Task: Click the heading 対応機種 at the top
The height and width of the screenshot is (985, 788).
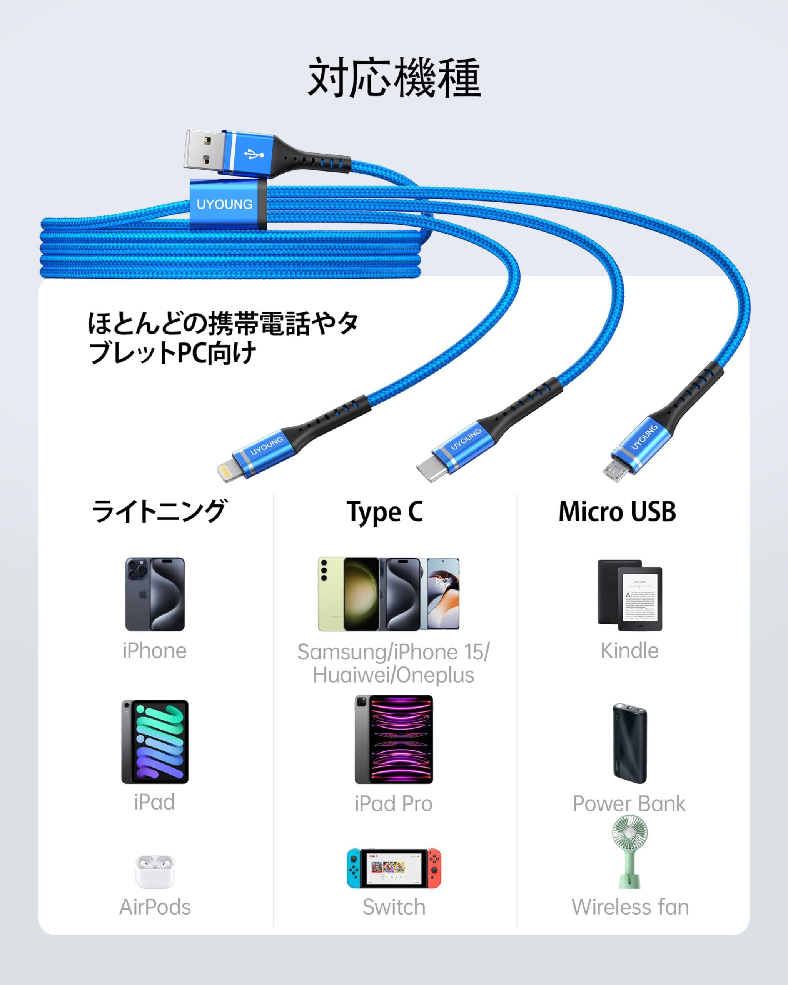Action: point(394,78)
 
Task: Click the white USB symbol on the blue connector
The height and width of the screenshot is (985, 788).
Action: point(254,154)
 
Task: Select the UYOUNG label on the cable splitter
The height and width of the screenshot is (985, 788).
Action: point(225,204)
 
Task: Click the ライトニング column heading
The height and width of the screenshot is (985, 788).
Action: point(159,511)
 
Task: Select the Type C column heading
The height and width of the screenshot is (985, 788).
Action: point(385,512)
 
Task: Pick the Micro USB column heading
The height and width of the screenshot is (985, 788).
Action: point(617,512)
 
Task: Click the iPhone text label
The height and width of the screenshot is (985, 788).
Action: point(154,651)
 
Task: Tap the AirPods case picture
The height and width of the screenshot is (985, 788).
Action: point(155,871)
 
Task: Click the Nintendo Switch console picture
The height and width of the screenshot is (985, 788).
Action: point(394,868)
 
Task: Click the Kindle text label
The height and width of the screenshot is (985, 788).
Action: point(629,651)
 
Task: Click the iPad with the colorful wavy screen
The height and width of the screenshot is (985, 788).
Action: point(155,741)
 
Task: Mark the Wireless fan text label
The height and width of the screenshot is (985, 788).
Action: point(630,907)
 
